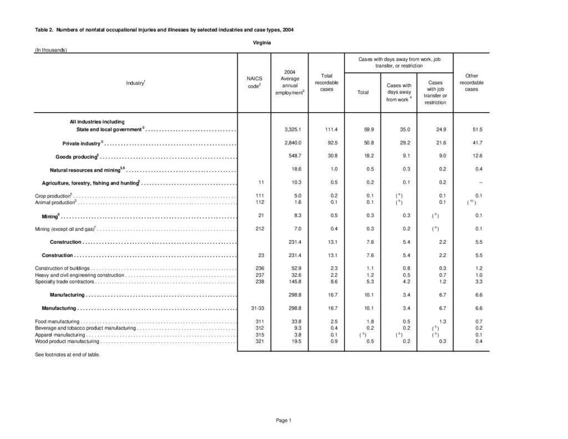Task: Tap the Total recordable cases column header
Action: point(326,83)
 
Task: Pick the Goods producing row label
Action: point(77,157)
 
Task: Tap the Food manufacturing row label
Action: point(57,321)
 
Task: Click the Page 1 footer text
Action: point(283,420)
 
